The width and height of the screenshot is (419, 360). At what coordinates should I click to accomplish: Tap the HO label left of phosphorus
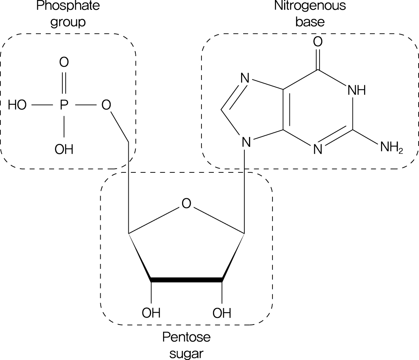(18, 106)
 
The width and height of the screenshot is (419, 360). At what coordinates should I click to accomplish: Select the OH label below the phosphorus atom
(64, 149)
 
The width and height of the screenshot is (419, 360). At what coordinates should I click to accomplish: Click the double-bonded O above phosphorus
(64, 63)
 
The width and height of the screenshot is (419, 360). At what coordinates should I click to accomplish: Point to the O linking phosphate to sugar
(107, 106)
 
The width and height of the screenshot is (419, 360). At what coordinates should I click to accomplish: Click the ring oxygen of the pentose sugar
(186, 204)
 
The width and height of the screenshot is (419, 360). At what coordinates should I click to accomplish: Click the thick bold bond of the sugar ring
(187, 280)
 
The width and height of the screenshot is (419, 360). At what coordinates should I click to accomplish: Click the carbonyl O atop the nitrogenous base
(317, 42)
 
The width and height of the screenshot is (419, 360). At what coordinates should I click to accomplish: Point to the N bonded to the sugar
(246, 143)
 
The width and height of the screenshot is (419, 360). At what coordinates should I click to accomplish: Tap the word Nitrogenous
(310, 7)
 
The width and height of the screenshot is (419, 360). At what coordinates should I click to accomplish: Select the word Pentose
(186, 338)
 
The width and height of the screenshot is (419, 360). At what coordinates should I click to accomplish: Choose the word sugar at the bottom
(186, 353)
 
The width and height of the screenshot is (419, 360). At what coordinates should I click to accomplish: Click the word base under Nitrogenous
(310, 22)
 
